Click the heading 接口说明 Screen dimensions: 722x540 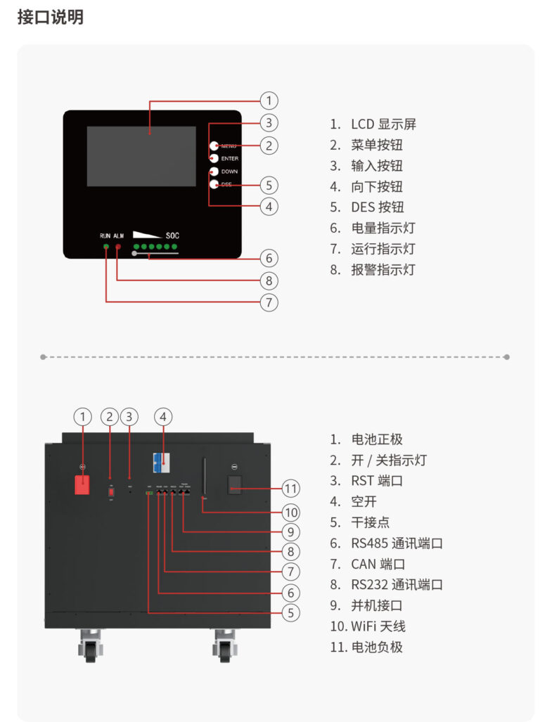pyautogui.click(x=50, y=18)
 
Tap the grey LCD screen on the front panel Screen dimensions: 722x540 pyautogui.click(x=141, y=156)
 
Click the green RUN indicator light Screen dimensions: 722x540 pyautogui.click(x=106, y=247)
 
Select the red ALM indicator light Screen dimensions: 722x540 pyautogui.click(x=118, y=247)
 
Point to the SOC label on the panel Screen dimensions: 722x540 pyautogui.click(x=172, y=236)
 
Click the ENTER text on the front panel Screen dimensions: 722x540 pyautogui.click(x=229, y=159)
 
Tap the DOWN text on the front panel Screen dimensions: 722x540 pyautogui.click(x=229, y=172)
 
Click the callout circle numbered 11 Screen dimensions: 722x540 pyautogui.click(x=290, y=488)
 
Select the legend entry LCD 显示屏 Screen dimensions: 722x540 pyautogui.click(x=383, y=124)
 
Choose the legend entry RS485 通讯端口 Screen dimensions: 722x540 pyautogui.click(x=397, y=543)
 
